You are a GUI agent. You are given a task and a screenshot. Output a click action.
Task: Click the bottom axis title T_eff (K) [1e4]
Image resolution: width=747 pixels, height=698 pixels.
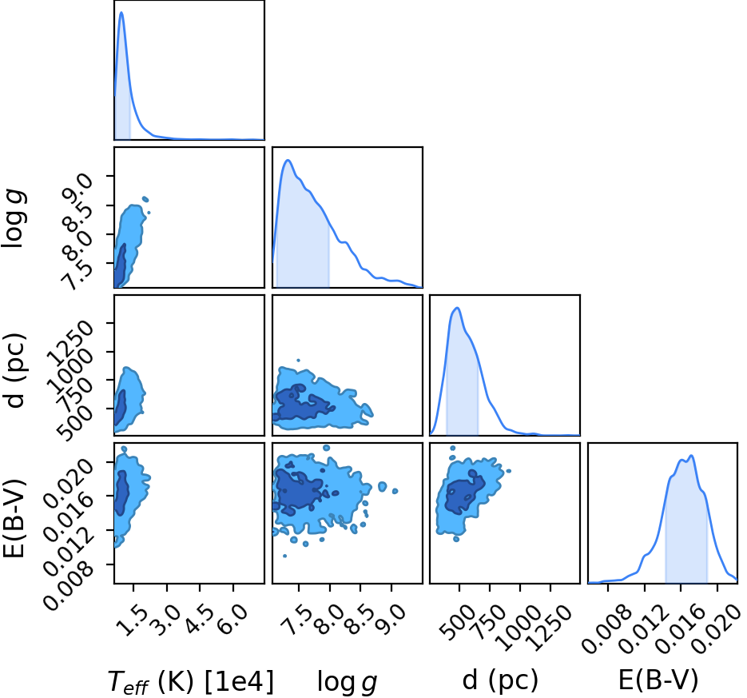point(191,681)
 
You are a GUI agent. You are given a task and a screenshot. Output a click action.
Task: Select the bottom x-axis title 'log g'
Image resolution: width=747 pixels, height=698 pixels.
point(348,682)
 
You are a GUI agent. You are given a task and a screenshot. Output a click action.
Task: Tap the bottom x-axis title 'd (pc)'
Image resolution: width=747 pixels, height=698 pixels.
point(500,680)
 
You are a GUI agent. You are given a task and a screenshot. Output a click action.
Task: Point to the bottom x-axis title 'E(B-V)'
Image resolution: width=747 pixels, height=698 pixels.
point(658,680)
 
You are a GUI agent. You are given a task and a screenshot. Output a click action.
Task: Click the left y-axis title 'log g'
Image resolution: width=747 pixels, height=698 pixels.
point(14,218)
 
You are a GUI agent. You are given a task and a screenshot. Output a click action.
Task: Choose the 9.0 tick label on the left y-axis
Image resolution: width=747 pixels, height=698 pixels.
point(75,189)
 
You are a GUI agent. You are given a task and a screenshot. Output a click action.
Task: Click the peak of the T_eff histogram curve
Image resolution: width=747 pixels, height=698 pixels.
point(121,13)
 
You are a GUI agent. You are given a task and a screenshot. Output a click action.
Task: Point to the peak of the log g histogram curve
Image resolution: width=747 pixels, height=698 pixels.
point(288,160)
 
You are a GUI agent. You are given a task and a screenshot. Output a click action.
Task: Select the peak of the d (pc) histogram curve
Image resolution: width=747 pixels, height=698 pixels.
point(457,308)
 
